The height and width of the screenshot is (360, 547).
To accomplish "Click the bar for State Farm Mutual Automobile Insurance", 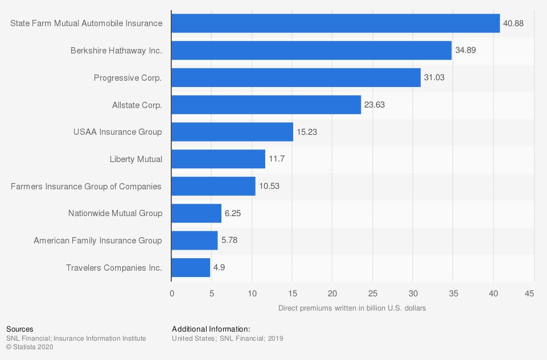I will (x=335, y=23).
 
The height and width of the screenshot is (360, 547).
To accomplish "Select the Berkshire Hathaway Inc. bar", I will (x=311, y=51).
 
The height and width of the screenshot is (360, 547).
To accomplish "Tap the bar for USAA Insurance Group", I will (x=232, y=132).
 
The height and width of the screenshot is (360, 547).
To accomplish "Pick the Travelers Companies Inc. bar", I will (x=191, y=268).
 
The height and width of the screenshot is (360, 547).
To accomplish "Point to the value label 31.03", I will (x=434, y=77).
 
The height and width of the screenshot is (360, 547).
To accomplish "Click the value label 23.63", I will (x=375, y=105).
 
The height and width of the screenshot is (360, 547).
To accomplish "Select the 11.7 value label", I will (x=277, y=159).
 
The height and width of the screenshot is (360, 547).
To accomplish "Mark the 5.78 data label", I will (x=229, y=240).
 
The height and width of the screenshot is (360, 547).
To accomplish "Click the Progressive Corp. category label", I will (x=128, y=78).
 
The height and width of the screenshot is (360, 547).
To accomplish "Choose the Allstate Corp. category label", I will (x=137, y=105).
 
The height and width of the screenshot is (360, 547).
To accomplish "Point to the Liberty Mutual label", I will (x=136, y=159).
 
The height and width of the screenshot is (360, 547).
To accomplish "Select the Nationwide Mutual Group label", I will (x=115, y=213).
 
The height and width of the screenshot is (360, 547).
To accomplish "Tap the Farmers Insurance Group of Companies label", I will (x=86, y=187).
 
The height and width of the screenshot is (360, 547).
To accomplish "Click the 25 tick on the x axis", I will (x=373, y=293).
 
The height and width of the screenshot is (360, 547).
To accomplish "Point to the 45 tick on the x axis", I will (x=529, y=293).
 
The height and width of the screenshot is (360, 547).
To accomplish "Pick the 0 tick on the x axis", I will (x=172, y=293).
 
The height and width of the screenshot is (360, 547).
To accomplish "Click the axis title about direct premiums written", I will (x=352, y=308).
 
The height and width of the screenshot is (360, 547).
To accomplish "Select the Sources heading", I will (x=19, y=329).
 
